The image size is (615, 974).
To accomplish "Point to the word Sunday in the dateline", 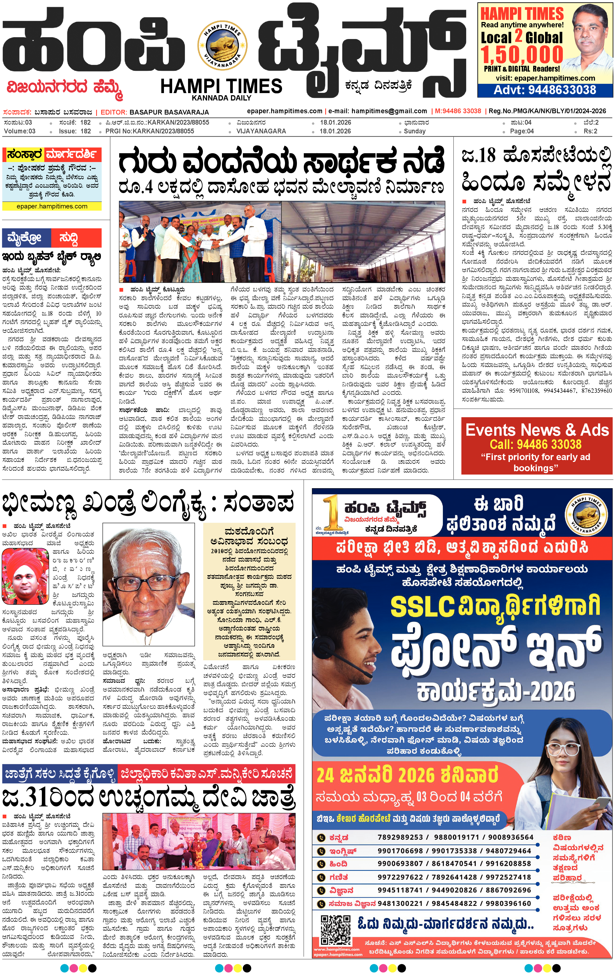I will tap(415, 131).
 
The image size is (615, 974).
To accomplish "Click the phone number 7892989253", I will tap(400, 837).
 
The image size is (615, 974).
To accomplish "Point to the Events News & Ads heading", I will tap(537, 430).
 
